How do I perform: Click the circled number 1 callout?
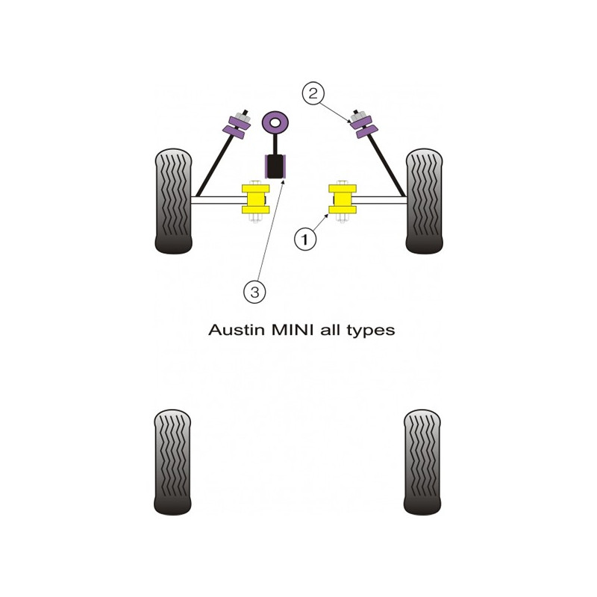tap(305, 240)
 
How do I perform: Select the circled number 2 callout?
tap(313, 93)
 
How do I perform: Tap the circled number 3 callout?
tap(254, 293)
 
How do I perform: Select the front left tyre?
tap(173, 201)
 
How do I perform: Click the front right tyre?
tap(424, 201)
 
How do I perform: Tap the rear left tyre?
tap(172, 462)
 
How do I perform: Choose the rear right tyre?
tap(422, 462)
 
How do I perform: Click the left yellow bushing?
tap(255, 199)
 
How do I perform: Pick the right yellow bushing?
tap(343, 199)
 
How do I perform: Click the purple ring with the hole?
tap(275, 123)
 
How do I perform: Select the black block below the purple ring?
tap(275, 166)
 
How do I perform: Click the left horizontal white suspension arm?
tap(218, 200)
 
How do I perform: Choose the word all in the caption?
tap(331, 330)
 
